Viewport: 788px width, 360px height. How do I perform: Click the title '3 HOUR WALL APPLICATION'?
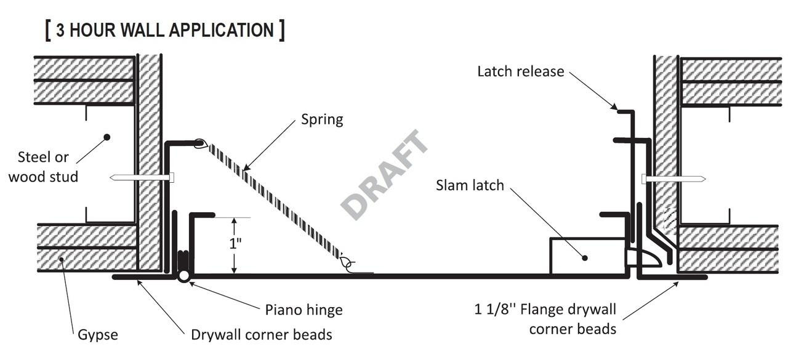[165, 30]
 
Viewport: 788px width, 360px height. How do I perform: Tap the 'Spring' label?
[322, 119]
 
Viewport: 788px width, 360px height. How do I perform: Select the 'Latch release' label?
[520, 71]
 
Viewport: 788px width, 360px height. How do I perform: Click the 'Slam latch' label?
[470, 185]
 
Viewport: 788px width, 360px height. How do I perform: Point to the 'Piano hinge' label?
[304, 310]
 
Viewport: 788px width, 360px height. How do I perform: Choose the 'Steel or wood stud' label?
[43, 166]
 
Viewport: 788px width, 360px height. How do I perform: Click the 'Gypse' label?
[97, 335]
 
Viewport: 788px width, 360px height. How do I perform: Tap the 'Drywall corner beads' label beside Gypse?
[262, 335]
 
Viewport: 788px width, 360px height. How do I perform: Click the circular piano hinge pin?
[183, 276]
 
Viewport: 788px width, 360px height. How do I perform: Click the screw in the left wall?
[142, 178]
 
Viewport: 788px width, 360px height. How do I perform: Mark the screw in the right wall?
[673, 179]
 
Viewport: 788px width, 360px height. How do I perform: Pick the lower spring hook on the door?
[348, 265]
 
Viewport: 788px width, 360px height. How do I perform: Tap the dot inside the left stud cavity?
[107, 137]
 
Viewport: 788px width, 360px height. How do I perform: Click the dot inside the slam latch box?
[585, 258]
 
